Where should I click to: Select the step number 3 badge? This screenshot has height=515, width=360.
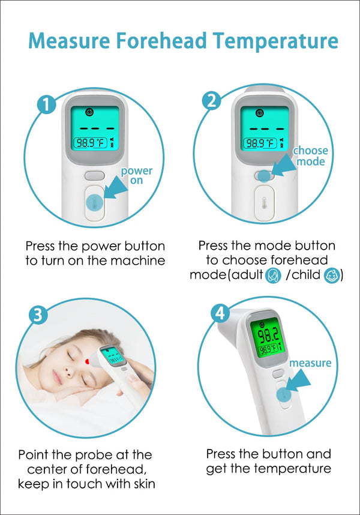click(x=38, y=315)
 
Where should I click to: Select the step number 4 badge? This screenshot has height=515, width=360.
click(x=220, y=313)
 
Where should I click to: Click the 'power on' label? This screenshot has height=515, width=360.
click(x=137, y=175)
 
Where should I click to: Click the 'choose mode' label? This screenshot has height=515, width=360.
click(x=310, y=156)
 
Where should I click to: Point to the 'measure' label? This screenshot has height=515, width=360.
click(x=310, y=363)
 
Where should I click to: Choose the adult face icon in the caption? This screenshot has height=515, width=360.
click(x=273, y=276)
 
